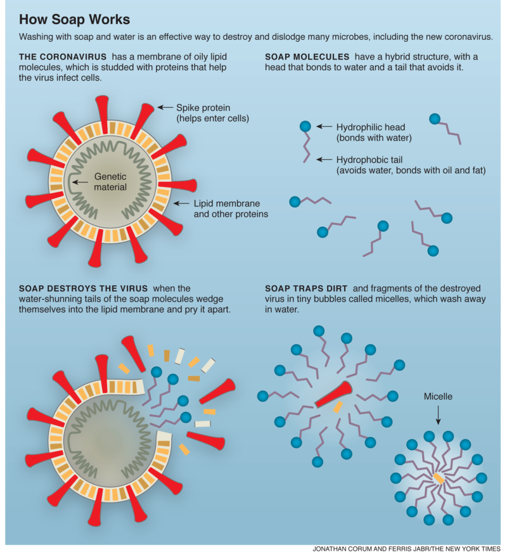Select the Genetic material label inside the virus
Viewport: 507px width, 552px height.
click(110, 182)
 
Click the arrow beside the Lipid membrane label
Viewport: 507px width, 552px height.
click(182, 203)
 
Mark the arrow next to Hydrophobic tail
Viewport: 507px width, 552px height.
click(324, 159)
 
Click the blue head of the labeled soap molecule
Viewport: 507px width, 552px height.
click(305, 126)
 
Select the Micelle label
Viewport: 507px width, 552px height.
click(439, 397)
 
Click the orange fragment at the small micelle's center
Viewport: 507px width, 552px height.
click(439, 478)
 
